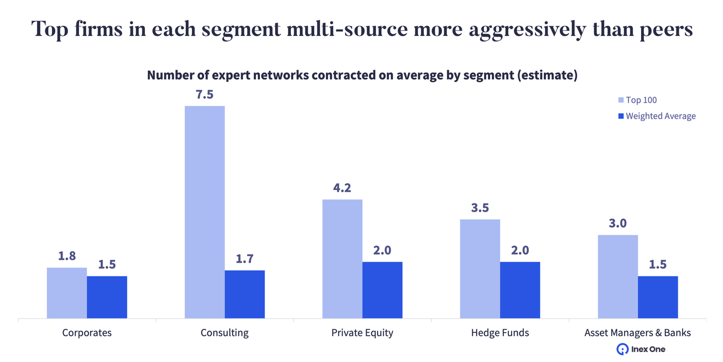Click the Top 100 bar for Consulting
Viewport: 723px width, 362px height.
[x=205, y=212]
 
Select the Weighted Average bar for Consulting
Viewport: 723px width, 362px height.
[x=245, y=295]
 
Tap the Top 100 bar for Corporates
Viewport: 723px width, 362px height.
[x=67, y=293]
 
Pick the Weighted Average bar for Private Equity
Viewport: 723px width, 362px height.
[x=382, y=290]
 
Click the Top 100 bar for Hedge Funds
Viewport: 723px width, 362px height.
[x=480, y=269]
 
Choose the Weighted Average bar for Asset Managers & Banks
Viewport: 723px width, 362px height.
[x=658, y=297]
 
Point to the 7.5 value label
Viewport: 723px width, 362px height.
[x=205, y=94]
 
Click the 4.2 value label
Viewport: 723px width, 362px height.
[x=342, y=188]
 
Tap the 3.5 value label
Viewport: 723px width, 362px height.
[x=480, y=208]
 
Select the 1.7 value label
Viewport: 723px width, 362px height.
[x=245, y=259]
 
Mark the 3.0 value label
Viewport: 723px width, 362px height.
[x=617, y=223]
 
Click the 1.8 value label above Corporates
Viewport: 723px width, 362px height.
[x=67, y=256]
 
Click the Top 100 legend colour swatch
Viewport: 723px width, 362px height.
[x=621, y=100]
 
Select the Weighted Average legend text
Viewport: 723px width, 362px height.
[x=660, y=116]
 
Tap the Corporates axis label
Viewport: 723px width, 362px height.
[x=87, y=333]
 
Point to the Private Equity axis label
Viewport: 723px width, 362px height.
[x=362, y=333]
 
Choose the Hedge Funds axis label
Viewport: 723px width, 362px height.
[x=500, y=333]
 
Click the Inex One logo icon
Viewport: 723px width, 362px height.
[x=622, y=349]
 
